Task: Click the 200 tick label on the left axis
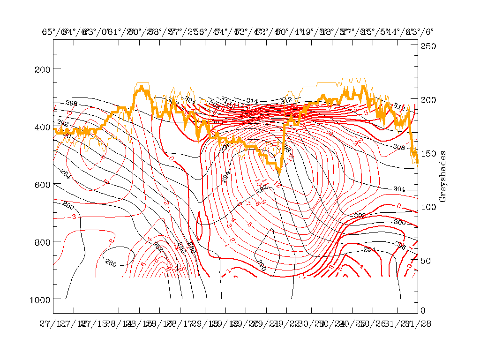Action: tap(42, 69)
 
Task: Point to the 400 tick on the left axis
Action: tap(42, 127)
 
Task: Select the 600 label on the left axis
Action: tap(42, 184)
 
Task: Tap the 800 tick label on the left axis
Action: tap(42, 241)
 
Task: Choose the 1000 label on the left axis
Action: tap(40, 299)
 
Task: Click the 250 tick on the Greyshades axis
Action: tap(427, 46)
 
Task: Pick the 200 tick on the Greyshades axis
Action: tap(427, 100)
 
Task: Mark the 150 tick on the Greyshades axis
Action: tap(427, 153)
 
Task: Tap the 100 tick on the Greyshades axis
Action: tap(427, 207)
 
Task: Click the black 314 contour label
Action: tap(252, 101)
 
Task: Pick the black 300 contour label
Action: tap(399, 222)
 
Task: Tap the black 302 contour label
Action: tap(360, 216)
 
